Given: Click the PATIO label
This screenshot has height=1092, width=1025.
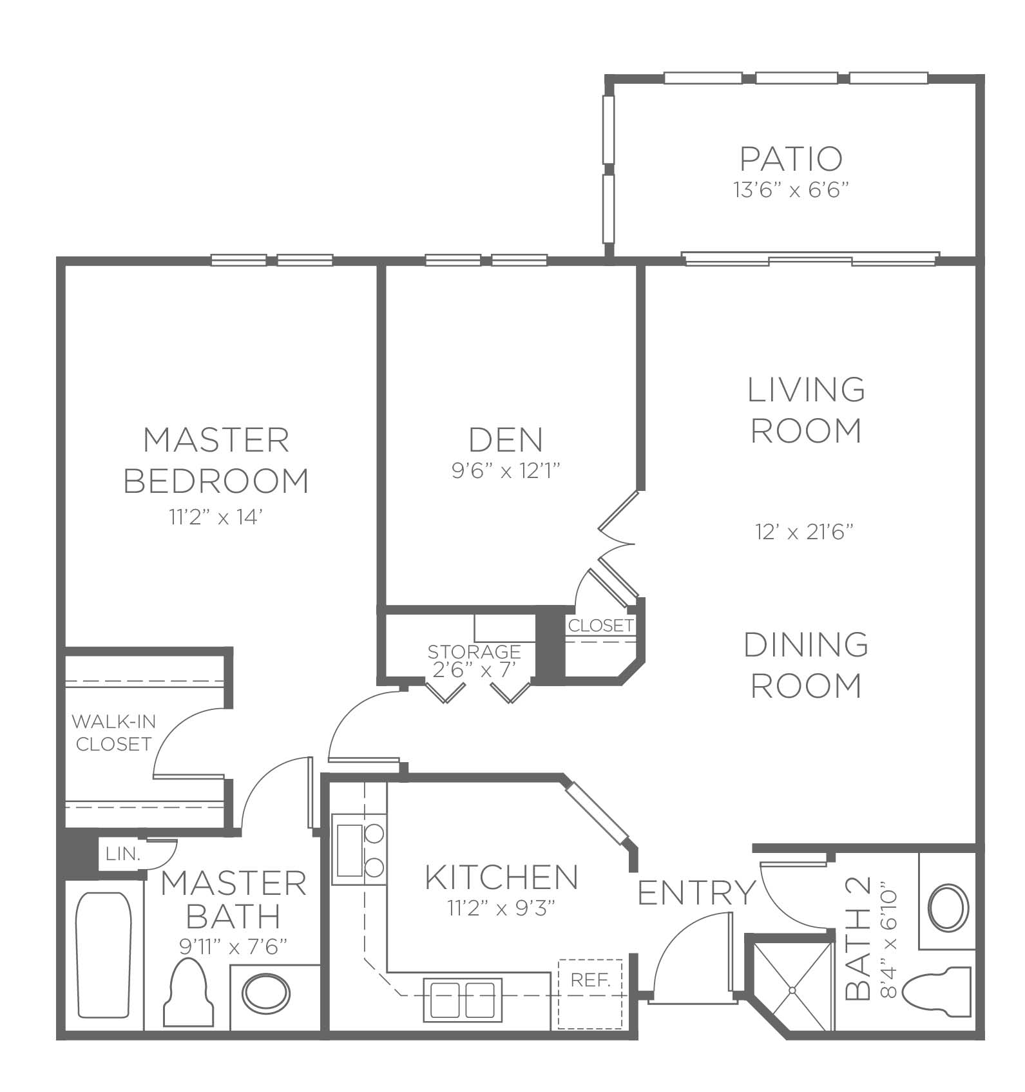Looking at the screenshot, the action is pyautogui.click(x=790, y=159).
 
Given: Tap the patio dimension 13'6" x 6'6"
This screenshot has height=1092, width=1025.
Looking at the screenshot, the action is pyautogui.click(x=790, y=191).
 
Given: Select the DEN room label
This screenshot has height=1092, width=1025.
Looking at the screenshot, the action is pyautogui.click(x=506, y=440).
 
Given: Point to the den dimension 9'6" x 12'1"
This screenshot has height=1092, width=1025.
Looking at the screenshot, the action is pyautogui.click(x=506, y=472).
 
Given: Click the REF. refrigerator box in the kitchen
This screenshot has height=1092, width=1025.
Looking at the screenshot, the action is pyautogui.click(x=590, y=993).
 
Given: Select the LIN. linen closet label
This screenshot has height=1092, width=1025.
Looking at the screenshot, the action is pyautogui.click(x=123, y=854).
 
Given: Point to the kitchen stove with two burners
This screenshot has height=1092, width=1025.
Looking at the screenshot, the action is pyautogui.click(x=359, y=850).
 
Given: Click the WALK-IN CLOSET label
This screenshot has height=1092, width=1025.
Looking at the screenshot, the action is pyautogui.click(x=113, y=733).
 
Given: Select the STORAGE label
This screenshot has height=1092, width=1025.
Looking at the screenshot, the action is pyautogui.click(x=474, y=651).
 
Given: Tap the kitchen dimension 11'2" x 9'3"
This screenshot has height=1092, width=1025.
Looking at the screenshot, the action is pyautogui.click(x=501, y=908).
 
